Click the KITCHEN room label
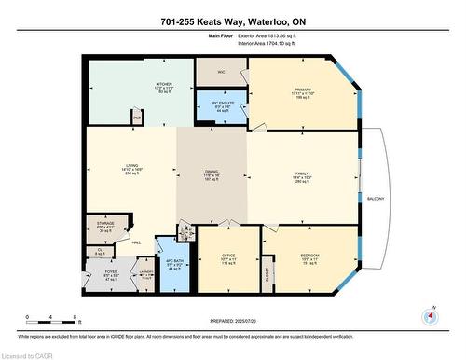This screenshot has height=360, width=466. pyautogui.click(x=164, y=84)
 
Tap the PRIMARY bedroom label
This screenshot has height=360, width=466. pyautogui.click(x=301, y=90)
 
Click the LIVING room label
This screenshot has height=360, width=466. pyautogui.click(x=130, y=168)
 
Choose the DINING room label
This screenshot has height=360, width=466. pyautogui.click(x=212, y=172)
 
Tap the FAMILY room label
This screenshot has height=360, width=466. pyautogui.click(x=302, y=173)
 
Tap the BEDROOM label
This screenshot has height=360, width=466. pyautogui.click(x=311, y=256)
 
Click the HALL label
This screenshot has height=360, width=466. pyautogui.click(x=135, y=243)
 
